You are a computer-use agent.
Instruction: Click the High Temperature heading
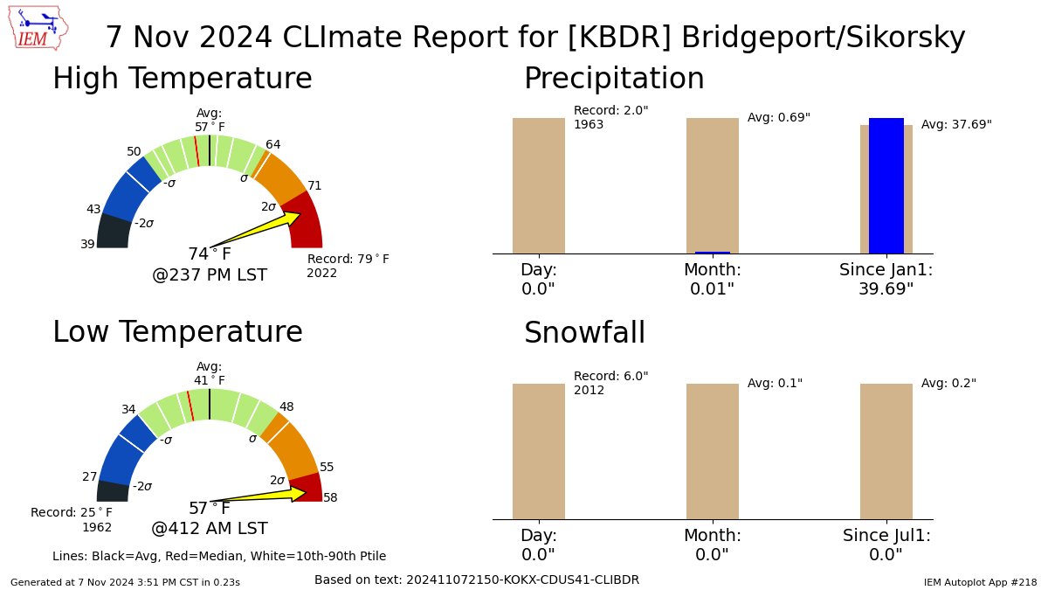tap(182, 79)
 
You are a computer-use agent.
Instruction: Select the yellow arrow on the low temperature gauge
tap(262, 496)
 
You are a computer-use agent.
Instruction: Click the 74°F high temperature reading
tap(210, 254)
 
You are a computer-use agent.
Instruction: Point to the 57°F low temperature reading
tap(210, 509)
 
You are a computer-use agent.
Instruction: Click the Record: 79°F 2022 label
tap(348, 266)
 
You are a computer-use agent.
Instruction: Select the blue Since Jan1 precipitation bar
tap(886, 185)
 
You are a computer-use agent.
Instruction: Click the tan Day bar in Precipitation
tap(538, 185)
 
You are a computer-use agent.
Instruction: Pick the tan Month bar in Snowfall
tap(712, 451)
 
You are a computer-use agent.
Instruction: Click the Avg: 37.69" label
tap(956, 125)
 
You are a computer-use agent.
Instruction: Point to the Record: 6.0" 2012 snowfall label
tap(610, 383)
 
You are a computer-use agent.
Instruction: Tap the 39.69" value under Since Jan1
tap(886, 288)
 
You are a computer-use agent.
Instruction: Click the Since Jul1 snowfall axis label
tap(886, 535)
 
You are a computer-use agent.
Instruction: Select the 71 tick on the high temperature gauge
tap(314, 185)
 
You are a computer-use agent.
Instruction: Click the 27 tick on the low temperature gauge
tap(90, 476)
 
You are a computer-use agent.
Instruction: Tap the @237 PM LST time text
tap(210, 275)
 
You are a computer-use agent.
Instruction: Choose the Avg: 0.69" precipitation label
tap(779, 118)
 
